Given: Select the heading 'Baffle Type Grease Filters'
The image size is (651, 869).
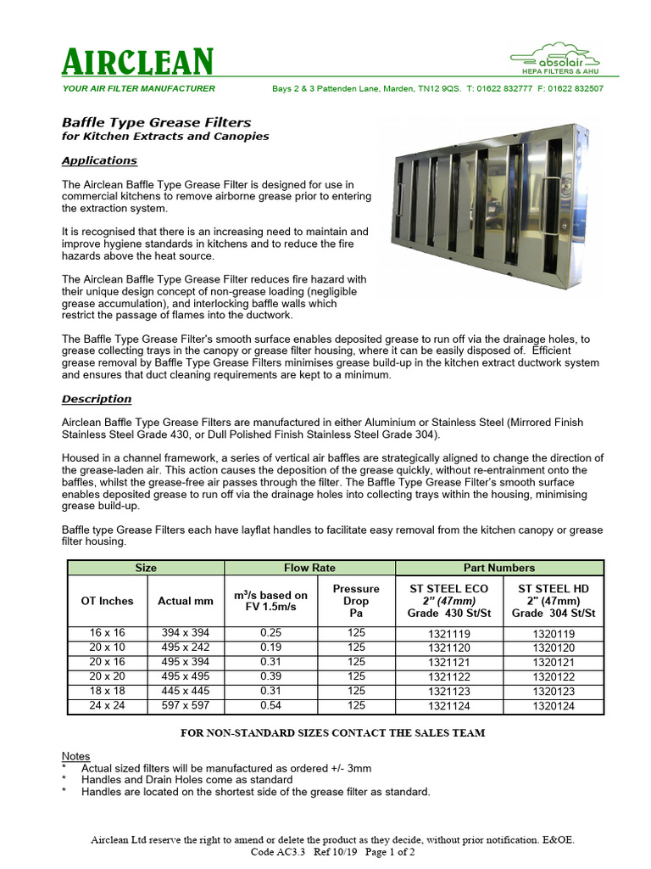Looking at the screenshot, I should (x=157, y=122).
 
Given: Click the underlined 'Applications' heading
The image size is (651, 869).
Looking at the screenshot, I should (x=99, y=160).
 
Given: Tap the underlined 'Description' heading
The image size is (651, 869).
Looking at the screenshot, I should (x=97, y=399).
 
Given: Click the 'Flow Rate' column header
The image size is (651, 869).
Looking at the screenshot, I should (x=309, y=568).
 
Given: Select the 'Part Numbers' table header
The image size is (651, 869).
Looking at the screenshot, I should (x=499, y=568).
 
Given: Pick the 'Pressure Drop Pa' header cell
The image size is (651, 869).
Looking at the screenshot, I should (x=356, y=600).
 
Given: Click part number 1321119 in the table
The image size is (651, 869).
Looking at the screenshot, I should (x=448, y=634).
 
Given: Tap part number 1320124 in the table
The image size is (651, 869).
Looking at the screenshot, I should (x=554, y=706).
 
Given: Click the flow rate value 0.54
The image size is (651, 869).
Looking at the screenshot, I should (x=272, y=705).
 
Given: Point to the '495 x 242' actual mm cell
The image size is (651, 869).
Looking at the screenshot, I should (x=186, y=647).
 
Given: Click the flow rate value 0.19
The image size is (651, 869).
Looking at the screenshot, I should (x=272, y=647).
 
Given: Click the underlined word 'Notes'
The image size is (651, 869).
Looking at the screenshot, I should (x=76, y=756).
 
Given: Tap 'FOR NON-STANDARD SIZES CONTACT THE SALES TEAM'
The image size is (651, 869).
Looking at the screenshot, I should (x=332, y=732).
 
